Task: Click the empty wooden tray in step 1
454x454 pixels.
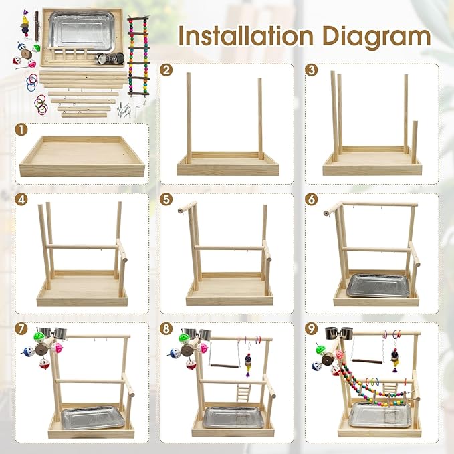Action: tap(83, 156)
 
